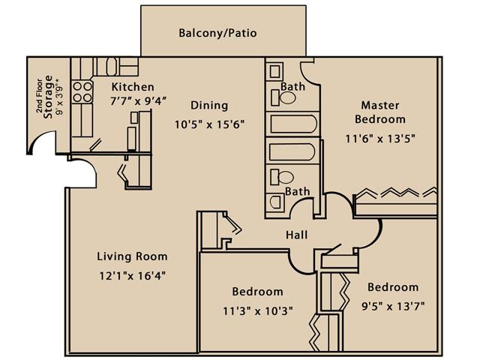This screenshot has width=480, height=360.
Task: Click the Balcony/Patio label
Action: (217, 33)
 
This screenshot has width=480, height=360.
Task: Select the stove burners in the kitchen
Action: (82, 91)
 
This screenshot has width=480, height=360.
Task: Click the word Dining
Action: (209, 105)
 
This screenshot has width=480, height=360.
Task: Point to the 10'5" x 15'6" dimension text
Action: (210, 124)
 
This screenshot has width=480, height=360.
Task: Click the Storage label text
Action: (48, 97)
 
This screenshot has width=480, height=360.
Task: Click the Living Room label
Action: (132, 256)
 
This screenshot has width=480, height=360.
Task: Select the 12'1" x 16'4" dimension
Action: (132, 276)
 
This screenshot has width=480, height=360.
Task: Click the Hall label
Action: (297, 235)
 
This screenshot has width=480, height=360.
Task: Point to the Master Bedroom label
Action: (380, 112)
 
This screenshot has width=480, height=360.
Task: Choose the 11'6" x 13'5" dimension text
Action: (380, 139)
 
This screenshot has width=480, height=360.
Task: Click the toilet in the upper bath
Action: (283, 98)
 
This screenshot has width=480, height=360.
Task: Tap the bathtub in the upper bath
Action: (294, 124)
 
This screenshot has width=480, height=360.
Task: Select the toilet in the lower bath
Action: (282, 178)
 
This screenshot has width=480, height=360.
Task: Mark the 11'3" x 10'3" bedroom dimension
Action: (257, 311)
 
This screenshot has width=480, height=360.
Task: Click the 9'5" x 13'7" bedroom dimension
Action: (393, 306)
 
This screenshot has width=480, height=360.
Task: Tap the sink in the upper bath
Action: (274, 72)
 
